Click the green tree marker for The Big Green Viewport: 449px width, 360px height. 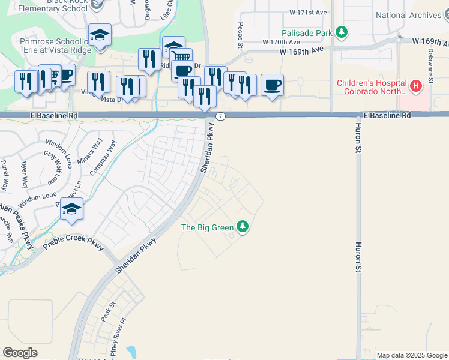point(243,227)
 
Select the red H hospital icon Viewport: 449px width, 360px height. point(415,88)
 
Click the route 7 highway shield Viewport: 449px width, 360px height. point(221,116)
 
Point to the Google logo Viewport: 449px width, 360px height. point(20,353)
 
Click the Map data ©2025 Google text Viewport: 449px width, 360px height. point(412,355)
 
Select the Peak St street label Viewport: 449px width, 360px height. point(107,314)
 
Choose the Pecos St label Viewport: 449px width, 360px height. point(240,36)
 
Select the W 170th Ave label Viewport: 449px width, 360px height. point(281,42)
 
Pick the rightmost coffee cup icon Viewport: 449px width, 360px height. point(272,85)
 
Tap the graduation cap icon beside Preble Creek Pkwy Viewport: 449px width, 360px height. point(71,209)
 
